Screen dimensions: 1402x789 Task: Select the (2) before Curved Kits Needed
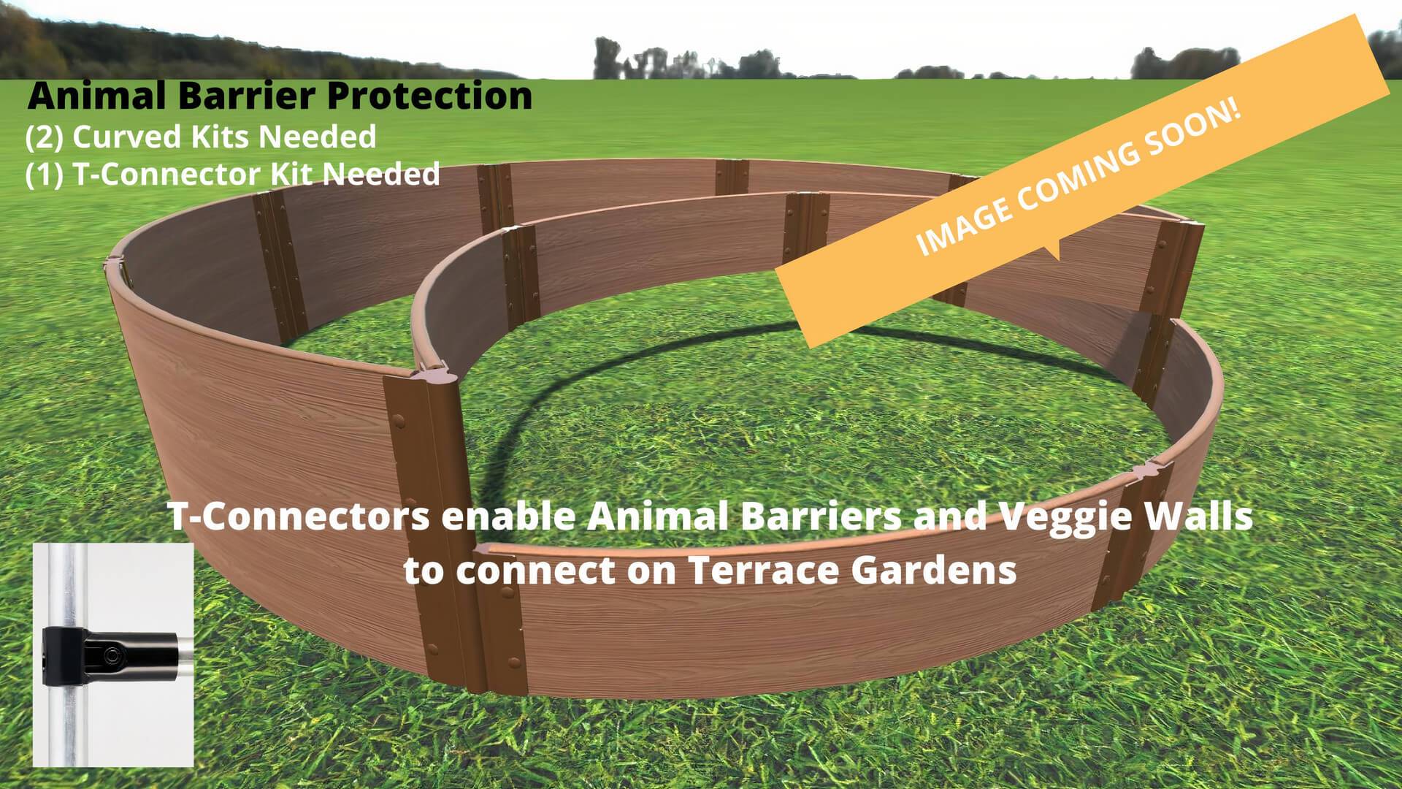(x=45, y=137)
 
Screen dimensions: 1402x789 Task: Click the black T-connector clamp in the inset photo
(x=110, y=657)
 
